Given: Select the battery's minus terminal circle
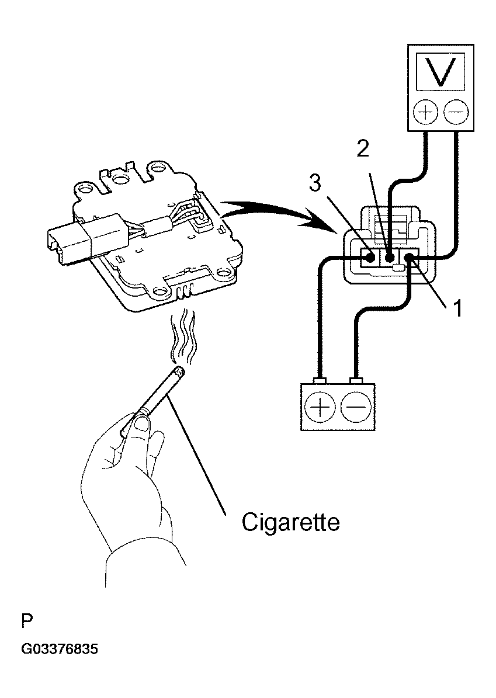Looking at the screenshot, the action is coord(356,407).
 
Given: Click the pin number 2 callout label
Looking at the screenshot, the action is coord(363,148).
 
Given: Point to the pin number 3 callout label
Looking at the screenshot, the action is coord(315,182).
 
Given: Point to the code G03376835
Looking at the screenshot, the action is coord(59,649).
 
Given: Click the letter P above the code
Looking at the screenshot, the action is coord(27,620).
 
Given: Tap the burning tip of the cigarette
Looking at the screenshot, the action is coord(179,371).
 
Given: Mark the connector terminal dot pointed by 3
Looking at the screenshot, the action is coord(370,258).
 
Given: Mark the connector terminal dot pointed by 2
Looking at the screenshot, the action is coord(389,258).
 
